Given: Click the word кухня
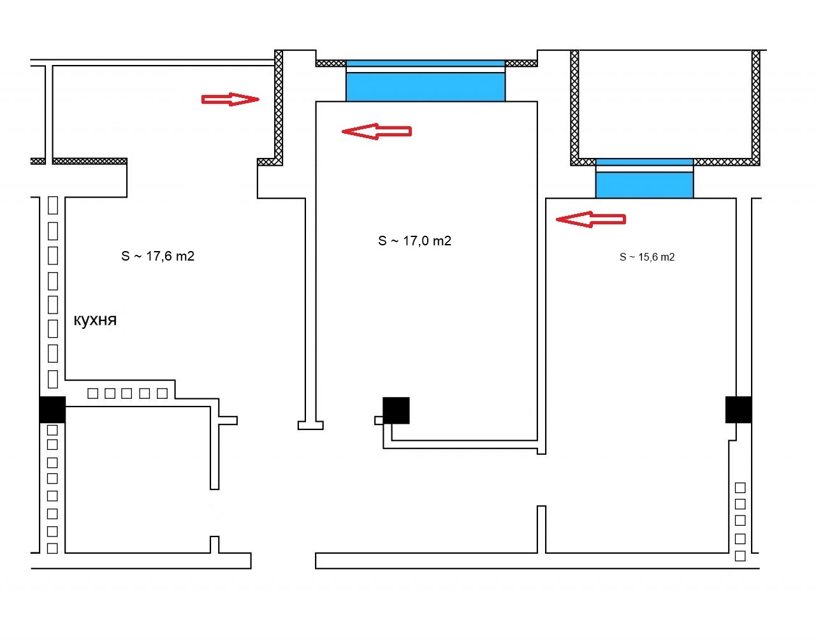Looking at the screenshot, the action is pos(95,320).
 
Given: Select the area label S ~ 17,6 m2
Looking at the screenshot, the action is pos(157,256).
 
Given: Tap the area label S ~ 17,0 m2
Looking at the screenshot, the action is pos(414,241).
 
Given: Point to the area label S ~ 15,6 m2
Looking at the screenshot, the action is pos(647,257).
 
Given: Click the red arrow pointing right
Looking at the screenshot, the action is pos(230,99).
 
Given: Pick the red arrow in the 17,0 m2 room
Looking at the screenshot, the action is pos(377,131).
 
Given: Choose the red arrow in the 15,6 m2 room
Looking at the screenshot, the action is pos(591,220).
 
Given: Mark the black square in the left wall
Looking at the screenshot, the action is pos(52,410).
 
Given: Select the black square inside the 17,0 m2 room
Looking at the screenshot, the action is pos(396,410).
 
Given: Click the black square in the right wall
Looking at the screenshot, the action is pos(739,410).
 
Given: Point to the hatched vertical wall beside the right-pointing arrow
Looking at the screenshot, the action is pos(278,108).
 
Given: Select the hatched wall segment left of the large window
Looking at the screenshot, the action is pos(331,64).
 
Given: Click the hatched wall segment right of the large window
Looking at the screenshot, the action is pos(521,64).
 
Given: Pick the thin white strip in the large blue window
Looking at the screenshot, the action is pos(425,70).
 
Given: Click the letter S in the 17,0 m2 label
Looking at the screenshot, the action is pos(382,241).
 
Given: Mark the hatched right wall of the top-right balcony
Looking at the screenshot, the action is pos(756,108).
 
